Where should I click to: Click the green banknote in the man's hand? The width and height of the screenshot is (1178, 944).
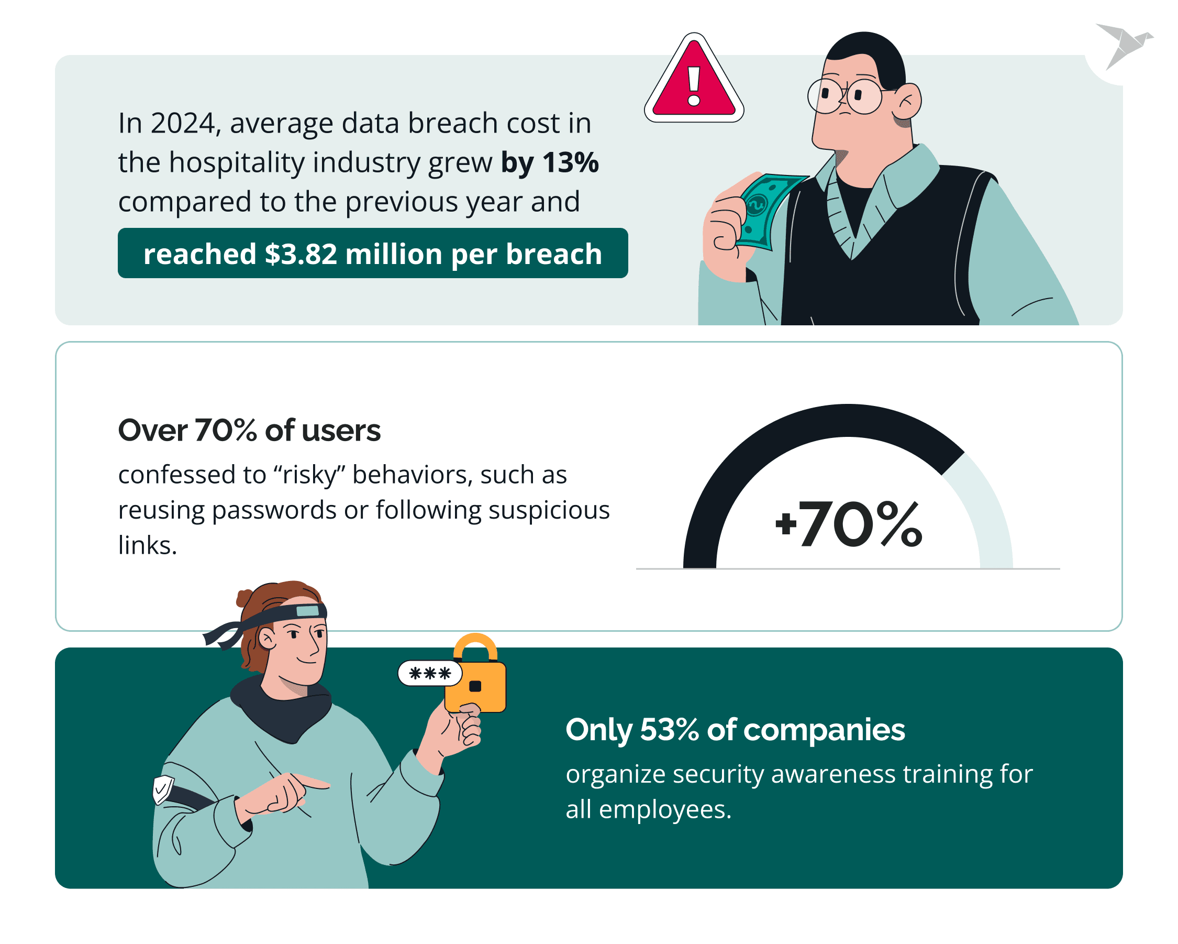[x=765, y=211]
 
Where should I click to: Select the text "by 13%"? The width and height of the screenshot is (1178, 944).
[x=550, y=162]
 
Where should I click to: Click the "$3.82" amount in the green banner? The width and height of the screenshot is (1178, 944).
[x=301, y=254]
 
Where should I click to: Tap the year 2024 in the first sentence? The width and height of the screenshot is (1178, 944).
[x=184, y=124]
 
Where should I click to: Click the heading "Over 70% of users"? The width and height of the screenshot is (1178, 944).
[x=249, y=431]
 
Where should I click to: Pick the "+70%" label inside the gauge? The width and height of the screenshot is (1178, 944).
[x=849, y=524]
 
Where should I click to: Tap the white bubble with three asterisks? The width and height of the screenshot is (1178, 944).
[x=429, y=673]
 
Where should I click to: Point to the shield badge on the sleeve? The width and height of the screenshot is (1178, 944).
[x=162, y=789]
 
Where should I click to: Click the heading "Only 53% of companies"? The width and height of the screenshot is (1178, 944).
[x=735, y=730]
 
